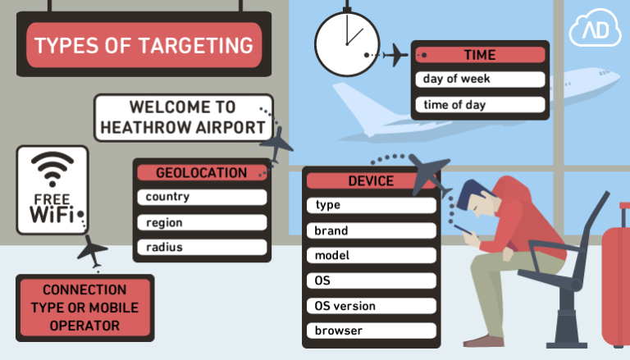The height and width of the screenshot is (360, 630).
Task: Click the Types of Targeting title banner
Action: pyautogui.click(x=144, y=45)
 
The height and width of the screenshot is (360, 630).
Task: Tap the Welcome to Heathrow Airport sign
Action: pyautogui.click(x=182, y=117)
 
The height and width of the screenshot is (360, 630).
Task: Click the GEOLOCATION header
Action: pyautogui.click(x=201, y=173)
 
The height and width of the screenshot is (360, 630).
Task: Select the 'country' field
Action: pyautogui.click(x=201, y=197)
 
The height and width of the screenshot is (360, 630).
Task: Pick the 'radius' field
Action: pyautogui.click(x=201, y=247)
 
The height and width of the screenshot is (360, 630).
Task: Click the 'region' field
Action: pyautogui.click(x=201, y=222)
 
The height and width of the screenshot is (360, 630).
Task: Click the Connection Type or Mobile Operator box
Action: pyautogui.click(x=84, y=308)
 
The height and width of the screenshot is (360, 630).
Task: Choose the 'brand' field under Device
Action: pyautogui.click(x=371, y=230)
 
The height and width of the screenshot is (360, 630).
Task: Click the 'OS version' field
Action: pyautogui.click(x=371, y=306)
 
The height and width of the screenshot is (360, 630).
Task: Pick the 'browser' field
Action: pyautogui.click(x=371, y=331)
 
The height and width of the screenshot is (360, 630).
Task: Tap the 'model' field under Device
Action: pyautogui.click(x=371, y=255)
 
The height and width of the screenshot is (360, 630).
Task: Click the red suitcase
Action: pyautogui.click(x=616, y=283)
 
